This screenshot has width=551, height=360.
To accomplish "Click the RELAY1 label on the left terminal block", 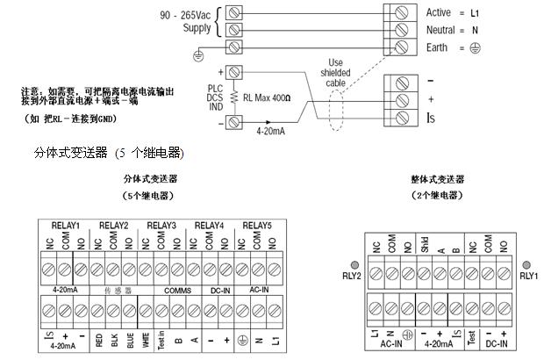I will tap(67, 226).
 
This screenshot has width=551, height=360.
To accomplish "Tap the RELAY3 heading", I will tap(161, 226).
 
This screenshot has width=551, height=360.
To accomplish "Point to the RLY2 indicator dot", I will tap(354, 264).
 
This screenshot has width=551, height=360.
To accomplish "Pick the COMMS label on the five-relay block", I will tap(176, 288).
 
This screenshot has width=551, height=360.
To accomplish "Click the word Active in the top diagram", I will tap(439, 13).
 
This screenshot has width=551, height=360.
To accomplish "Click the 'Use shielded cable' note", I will tap(335, 74).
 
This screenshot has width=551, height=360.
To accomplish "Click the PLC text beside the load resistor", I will tap(215, 88).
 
